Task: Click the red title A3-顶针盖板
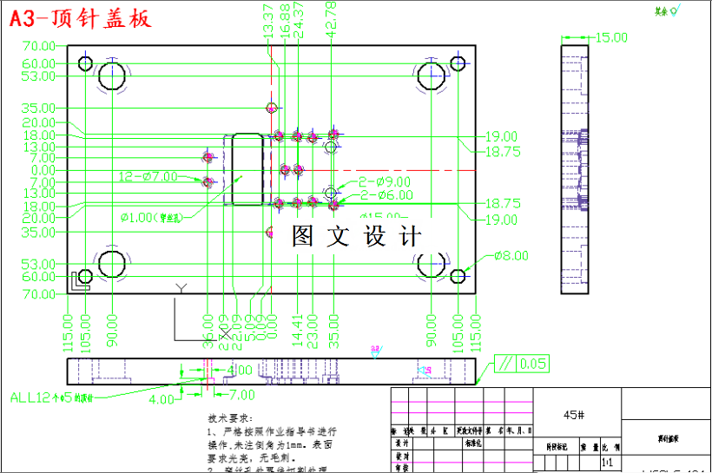pyautogui.click(x=81, y=18)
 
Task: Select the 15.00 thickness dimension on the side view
pyautogui.click(x=610, y=37)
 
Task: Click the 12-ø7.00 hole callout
pyautogui.click(x=148, y=176)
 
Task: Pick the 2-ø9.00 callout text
pyautogui.click(x=386, y=182)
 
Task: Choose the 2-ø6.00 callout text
pyautogui.click(x=386, y=195)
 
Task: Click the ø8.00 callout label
pyautogui.click(x=511, y=256)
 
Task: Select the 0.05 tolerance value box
pyautogui.click(x=533, y=363)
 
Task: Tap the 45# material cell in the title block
pyautogui.click(x=574, y=415)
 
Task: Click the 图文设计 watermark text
pyautogui.click(x=357, y=236)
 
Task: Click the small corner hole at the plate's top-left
pyautogui.click(x=85, y=63)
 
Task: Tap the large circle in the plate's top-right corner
pyautogui.click(x=432, y=76)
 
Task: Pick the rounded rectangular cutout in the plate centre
pyautogui.click(x=247, y=168)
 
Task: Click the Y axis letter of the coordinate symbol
pyautogui.click(x=181, y=288)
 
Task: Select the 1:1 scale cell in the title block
pyautogui.click(x=608, y=463)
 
